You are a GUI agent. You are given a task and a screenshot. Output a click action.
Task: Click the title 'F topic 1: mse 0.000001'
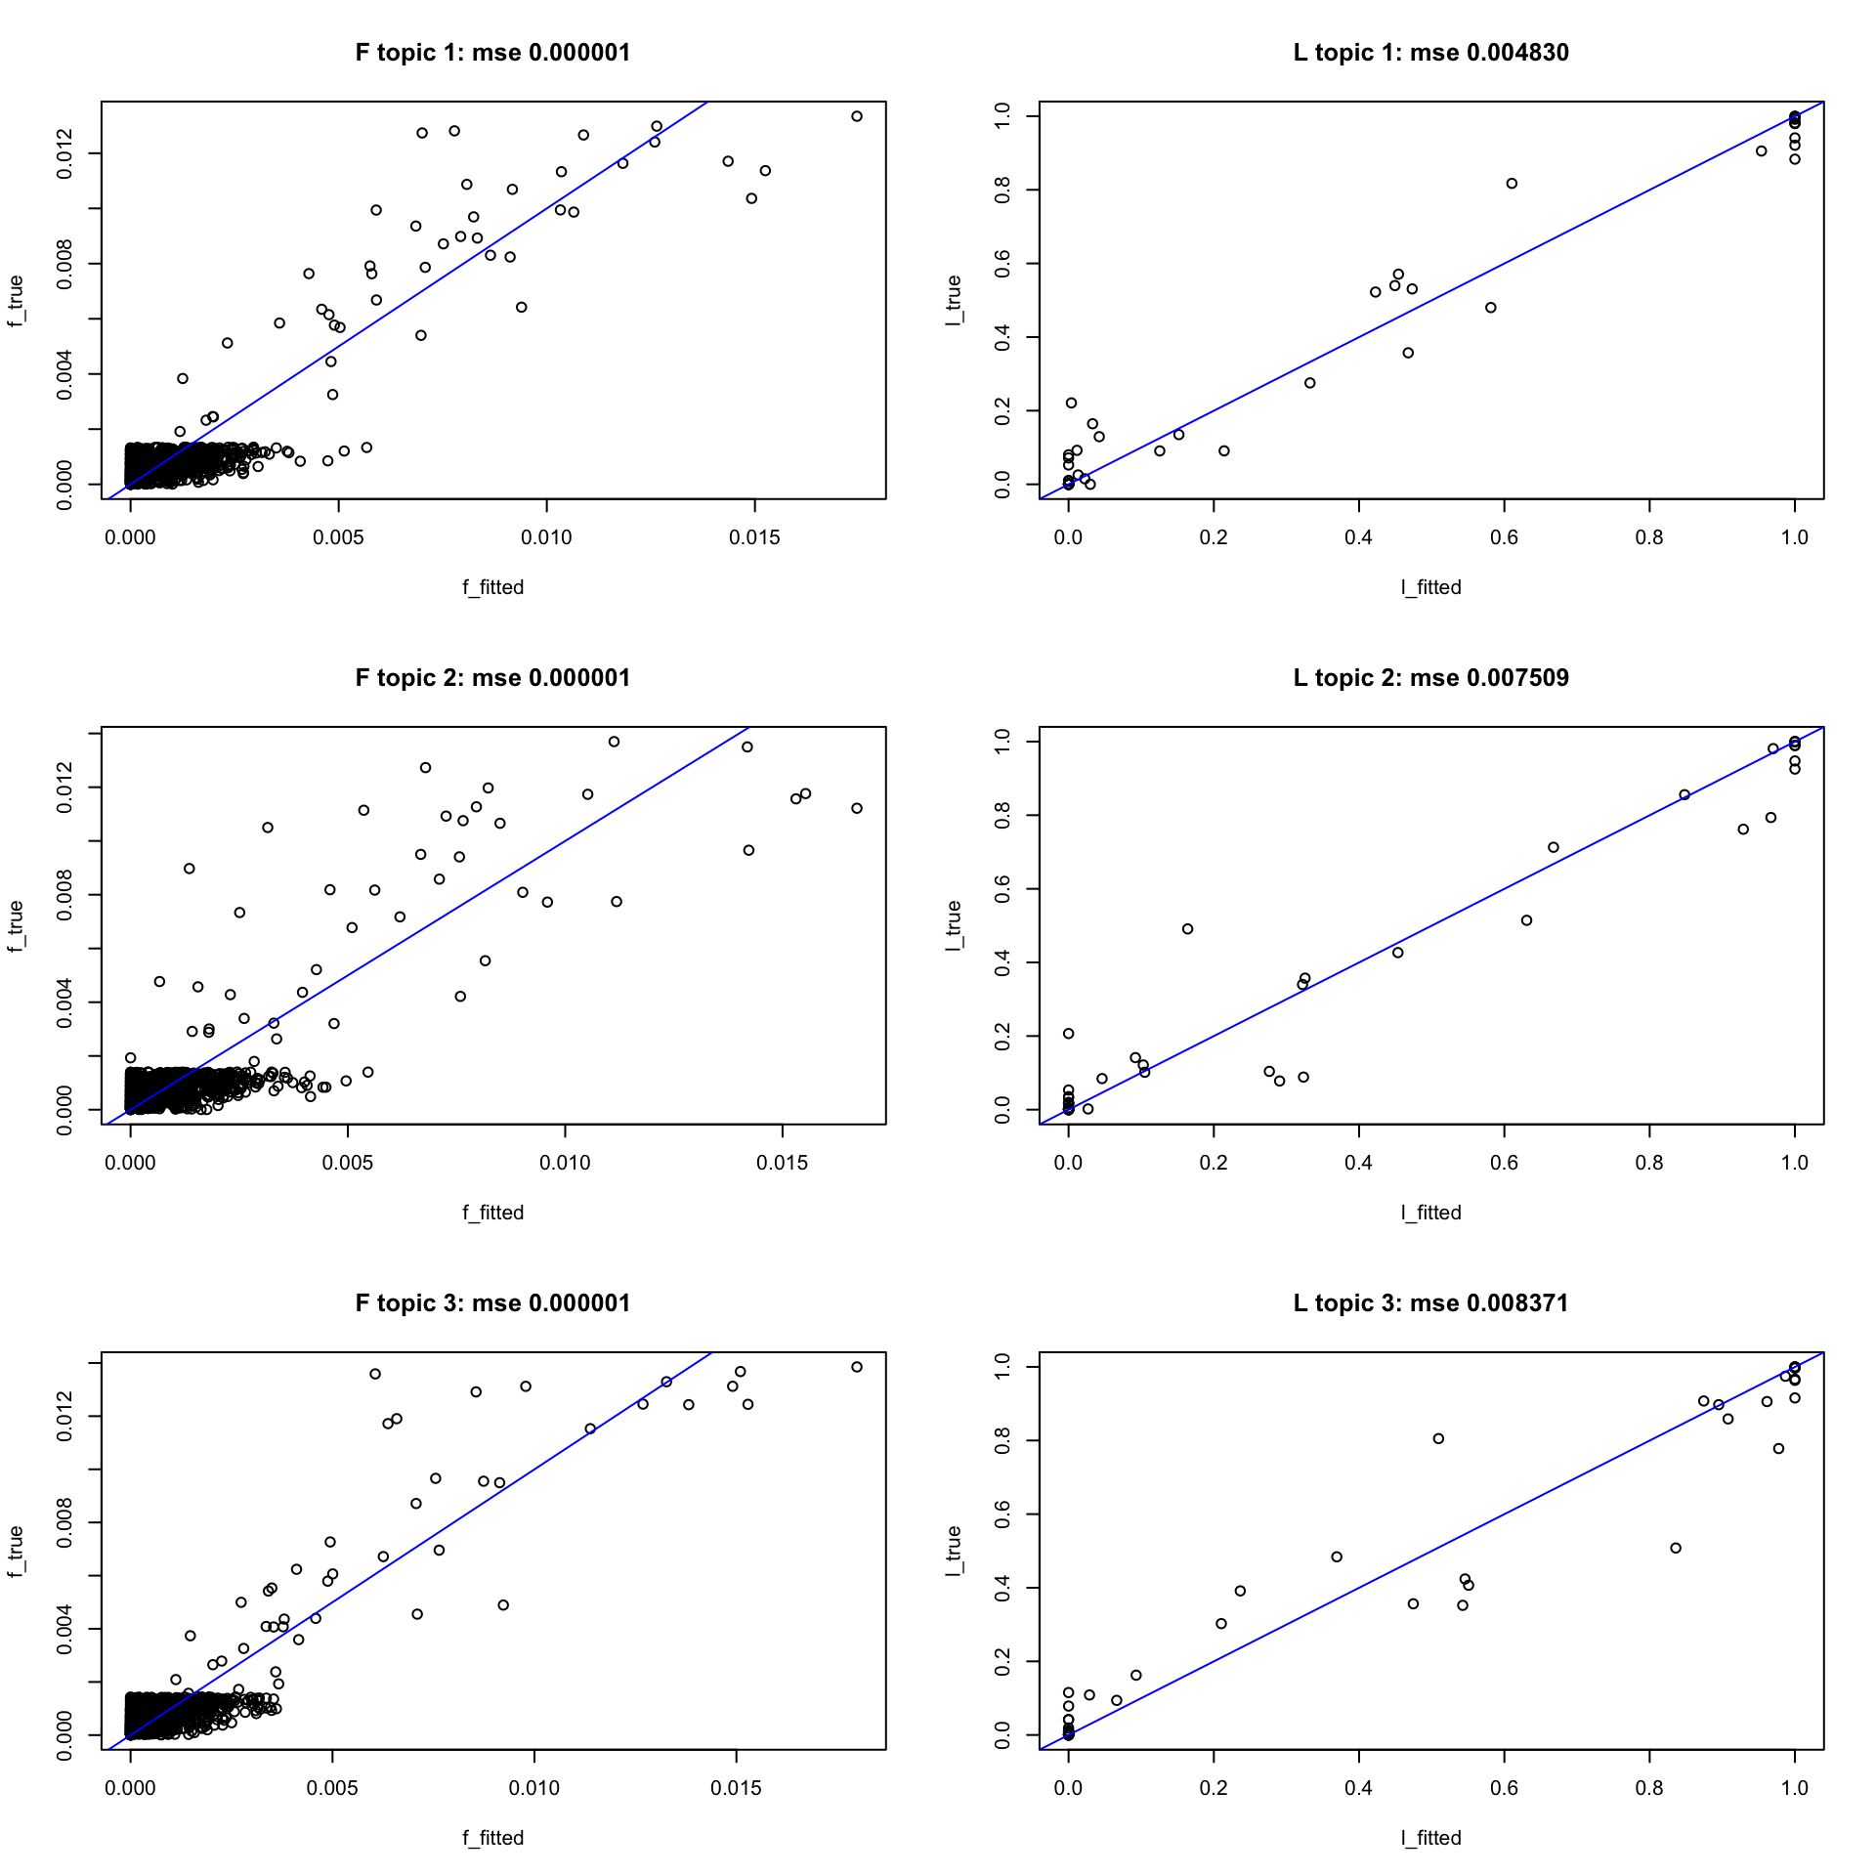tap(492, 53)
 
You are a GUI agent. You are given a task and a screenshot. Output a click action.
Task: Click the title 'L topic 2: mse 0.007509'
tap(1430, 678)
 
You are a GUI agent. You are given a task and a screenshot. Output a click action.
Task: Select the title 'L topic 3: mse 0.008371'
tap(1430, 1303)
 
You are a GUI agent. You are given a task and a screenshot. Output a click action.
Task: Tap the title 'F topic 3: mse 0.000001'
tap(492, 1303)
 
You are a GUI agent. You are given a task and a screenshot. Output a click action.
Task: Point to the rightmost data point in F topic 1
tap(857, 116)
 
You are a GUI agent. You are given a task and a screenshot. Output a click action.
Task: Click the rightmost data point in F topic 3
tap(857, 1367)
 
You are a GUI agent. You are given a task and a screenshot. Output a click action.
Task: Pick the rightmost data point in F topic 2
tap(857, 808)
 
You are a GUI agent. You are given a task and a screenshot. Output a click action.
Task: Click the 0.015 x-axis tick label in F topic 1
tap(754, 537)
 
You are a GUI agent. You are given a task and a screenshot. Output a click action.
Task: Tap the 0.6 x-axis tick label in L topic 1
tap(1504, 537)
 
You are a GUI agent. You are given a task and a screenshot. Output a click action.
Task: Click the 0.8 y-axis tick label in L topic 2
tap(1002, 815)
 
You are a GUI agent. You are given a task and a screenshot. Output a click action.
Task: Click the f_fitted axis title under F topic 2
tap(492, 1213)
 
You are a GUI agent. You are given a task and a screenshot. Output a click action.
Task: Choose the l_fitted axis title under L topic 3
tap(1430, 1838)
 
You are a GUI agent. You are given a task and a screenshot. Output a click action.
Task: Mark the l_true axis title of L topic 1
tap(954, 300)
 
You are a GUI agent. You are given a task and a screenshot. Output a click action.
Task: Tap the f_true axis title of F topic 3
tap(16, 1551)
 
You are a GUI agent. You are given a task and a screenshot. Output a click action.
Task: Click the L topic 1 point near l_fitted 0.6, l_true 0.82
tap(1512, 184)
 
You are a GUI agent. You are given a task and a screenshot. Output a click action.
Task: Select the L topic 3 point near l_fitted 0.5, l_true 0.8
tap(1438, 1438)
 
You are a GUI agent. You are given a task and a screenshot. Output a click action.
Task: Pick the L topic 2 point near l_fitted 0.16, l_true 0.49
tap(1187, 929)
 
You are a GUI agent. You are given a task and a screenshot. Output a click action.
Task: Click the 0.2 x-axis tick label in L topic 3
tap(1214, 1788)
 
